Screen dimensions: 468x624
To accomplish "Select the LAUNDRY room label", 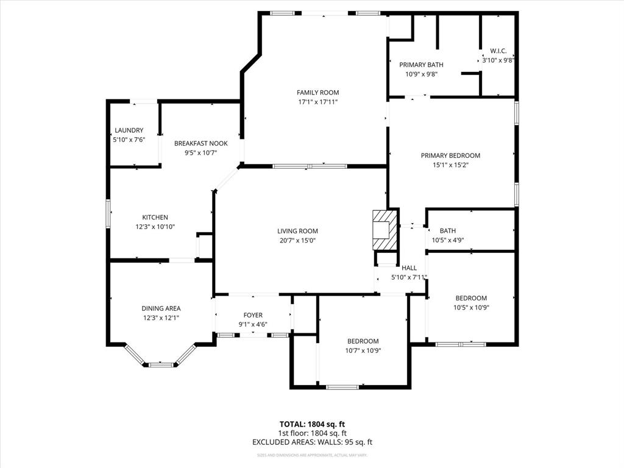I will tap(129, 130).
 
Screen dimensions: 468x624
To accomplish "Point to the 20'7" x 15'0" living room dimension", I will tap(297, 241).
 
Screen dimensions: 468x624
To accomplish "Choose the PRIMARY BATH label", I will tap(421, 65).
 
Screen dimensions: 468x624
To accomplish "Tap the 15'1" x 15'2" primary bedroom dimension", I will tap(450, 165).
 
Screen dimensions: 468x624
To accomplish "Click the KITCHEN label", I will tap(155, 218).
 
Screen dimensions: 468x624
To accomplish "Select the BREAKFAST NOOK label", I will tap(200, 144).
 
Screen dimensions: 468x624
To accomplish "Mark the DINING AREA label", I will tap(161, 308).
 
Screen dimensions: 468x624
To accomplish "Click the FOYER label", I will tap(252, 315).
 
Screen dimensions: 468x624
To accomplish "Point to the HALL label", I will tap(409, 268).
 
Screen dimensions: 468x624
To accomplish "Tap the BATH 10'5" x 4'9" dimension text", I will tap(448, 240).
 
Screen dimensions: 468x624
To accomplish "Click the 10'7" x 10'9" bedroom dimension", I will tap(363, 350).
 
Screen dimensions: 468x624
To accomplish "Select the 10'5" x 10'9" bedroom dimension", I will tap(471, 308).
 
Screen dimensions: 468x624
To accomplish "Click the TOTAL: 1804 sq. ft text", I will tap(312, 424).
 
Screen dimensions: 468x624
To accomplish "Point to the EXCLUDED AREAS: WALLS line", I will tap(312, 442).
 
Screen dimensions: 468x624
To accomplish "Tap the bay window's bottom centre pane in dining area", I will tap(161, 364).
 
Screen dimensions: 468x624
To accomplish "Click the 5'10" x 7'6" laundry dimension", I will tap(129, 140).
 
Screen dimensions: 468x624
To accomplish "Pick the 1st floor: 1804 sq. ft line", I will tap(312, 433).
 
